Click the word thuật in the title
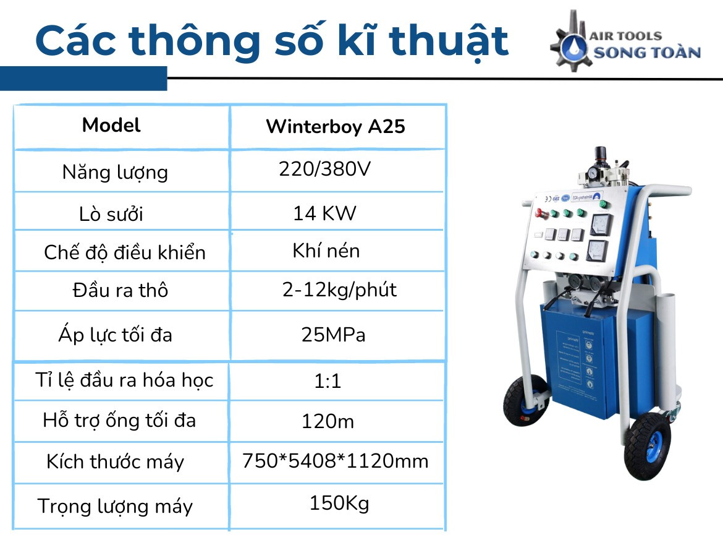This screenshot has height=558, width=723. coord(448,41)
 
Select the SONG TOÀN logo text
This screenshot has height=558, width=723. coord(647,52)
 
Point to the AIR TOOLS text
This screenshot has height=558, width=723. coord(626,35)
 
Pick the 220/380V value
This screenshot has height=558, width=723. coord(324,169)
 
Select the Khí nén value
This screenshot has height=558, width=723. coord(326,251)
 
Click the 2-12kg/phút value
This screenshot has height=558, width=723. coord(339,290)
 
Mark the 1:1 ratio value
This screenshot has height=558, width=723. coord(328,381)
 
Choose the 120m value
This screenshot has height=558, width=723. coord(328,421)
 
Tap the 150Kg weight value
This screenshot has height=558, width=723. coord(339,504)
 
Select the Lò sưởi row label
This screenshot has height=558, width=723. coord(111,213)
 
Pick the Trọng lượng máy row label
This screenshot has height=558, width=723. coord(115,506)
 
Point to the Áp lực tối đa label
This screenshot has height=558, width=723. coord(116,334)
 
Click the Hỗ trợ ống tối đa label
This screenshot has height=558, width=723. coord(119,421)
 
